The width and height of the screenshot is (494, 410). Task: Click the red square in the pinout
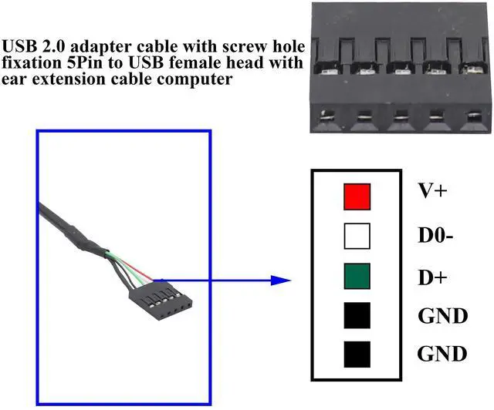pos(357,196)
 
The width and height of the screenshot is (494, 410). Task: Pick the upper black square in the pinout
pos(357,315)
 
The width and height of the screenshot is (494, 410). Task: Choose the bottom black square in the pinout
pos(357,355)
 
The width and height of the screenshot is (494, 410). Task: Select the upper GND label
pos(442,315)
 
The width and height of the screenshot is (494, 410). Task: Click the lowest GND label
pos(442,355)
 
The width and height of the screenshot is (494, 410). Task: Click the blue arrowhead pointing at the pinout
pos(284,281)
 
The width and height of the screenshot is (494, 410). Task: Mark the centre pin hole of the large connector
pos(398,118)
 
